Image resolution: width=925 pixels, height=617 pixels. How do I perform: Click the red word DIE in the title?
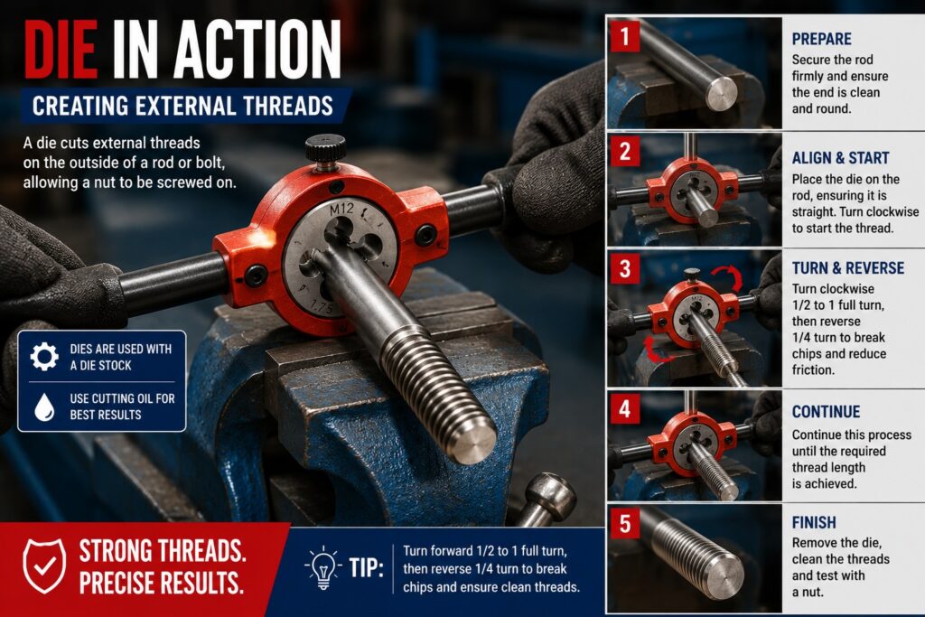(x=61, y=50)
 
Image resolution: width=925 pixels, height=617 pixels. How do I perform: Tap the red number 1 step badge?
(x=625, y=36)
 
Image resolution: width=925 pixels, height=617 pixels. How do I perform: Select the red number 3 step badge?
(x=625, y=269)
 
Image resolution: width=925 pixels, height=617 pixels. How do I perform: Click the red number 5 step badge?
(x=625, y=523)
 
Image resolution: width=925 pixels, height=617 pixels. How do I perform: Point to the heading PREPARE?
(x=821, y=39)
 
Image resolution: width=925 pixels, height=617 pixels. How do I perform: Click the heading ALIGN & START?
(x=840, y=158)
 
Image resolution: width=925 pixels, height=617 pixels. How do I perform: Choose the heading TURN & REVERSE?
(x=847, y=267)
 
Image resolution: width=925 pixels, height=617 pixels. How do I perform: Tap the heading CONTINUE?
(x=826, y=412)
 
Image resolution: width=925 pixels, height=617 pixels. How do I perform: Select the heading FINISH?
(x=814, y=523)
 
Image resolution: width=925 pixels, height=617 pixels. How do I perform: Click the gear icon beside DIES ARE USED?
(x=44, y=356)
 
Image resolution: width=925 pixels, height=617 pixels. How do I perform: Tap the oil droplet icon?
(x=44, y=407)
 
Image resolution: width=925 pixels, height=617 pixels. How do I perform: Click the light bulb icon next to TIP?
(x=323, y=567)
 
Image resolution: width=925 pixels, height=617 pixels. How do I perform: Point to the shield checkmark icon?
(x=44, y=566)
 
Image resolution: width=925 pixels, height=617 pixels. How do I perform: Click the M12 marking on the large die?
(x=341, y=209)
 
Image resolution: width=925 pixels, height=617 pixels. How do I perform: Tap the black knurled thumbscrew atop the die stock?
(x=325, y=151)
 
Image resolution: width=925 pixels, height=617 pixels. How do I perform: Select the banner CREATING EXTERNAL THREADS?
(x=182, y=107)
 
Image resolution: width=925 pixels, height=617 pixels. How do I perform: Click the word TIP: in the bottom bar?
(x=366, y=567)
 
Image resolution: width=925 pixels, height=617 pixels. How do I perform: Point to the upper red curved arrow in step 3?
(x=727, y=276)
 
